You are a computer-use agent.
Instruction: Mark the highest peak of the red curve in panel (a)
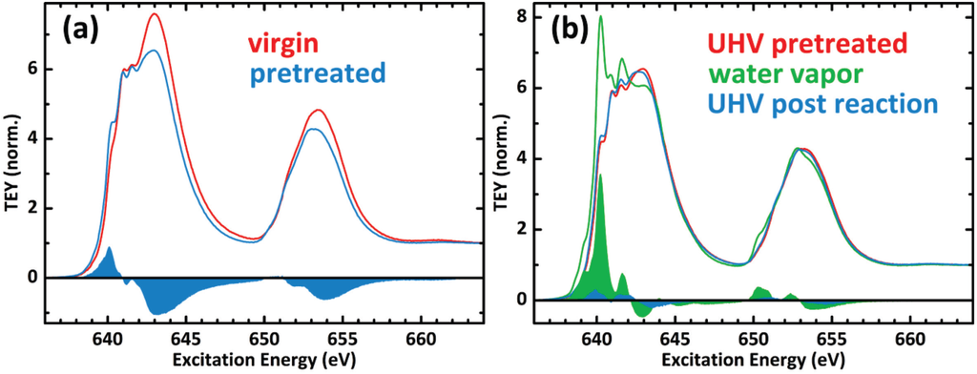[x=155, y=14]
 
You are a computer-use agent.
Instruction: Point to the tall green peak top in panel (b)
[x=600, y=16]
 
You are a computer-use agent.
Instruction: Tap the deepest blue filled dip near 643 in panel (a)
[x=156, y=306]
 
